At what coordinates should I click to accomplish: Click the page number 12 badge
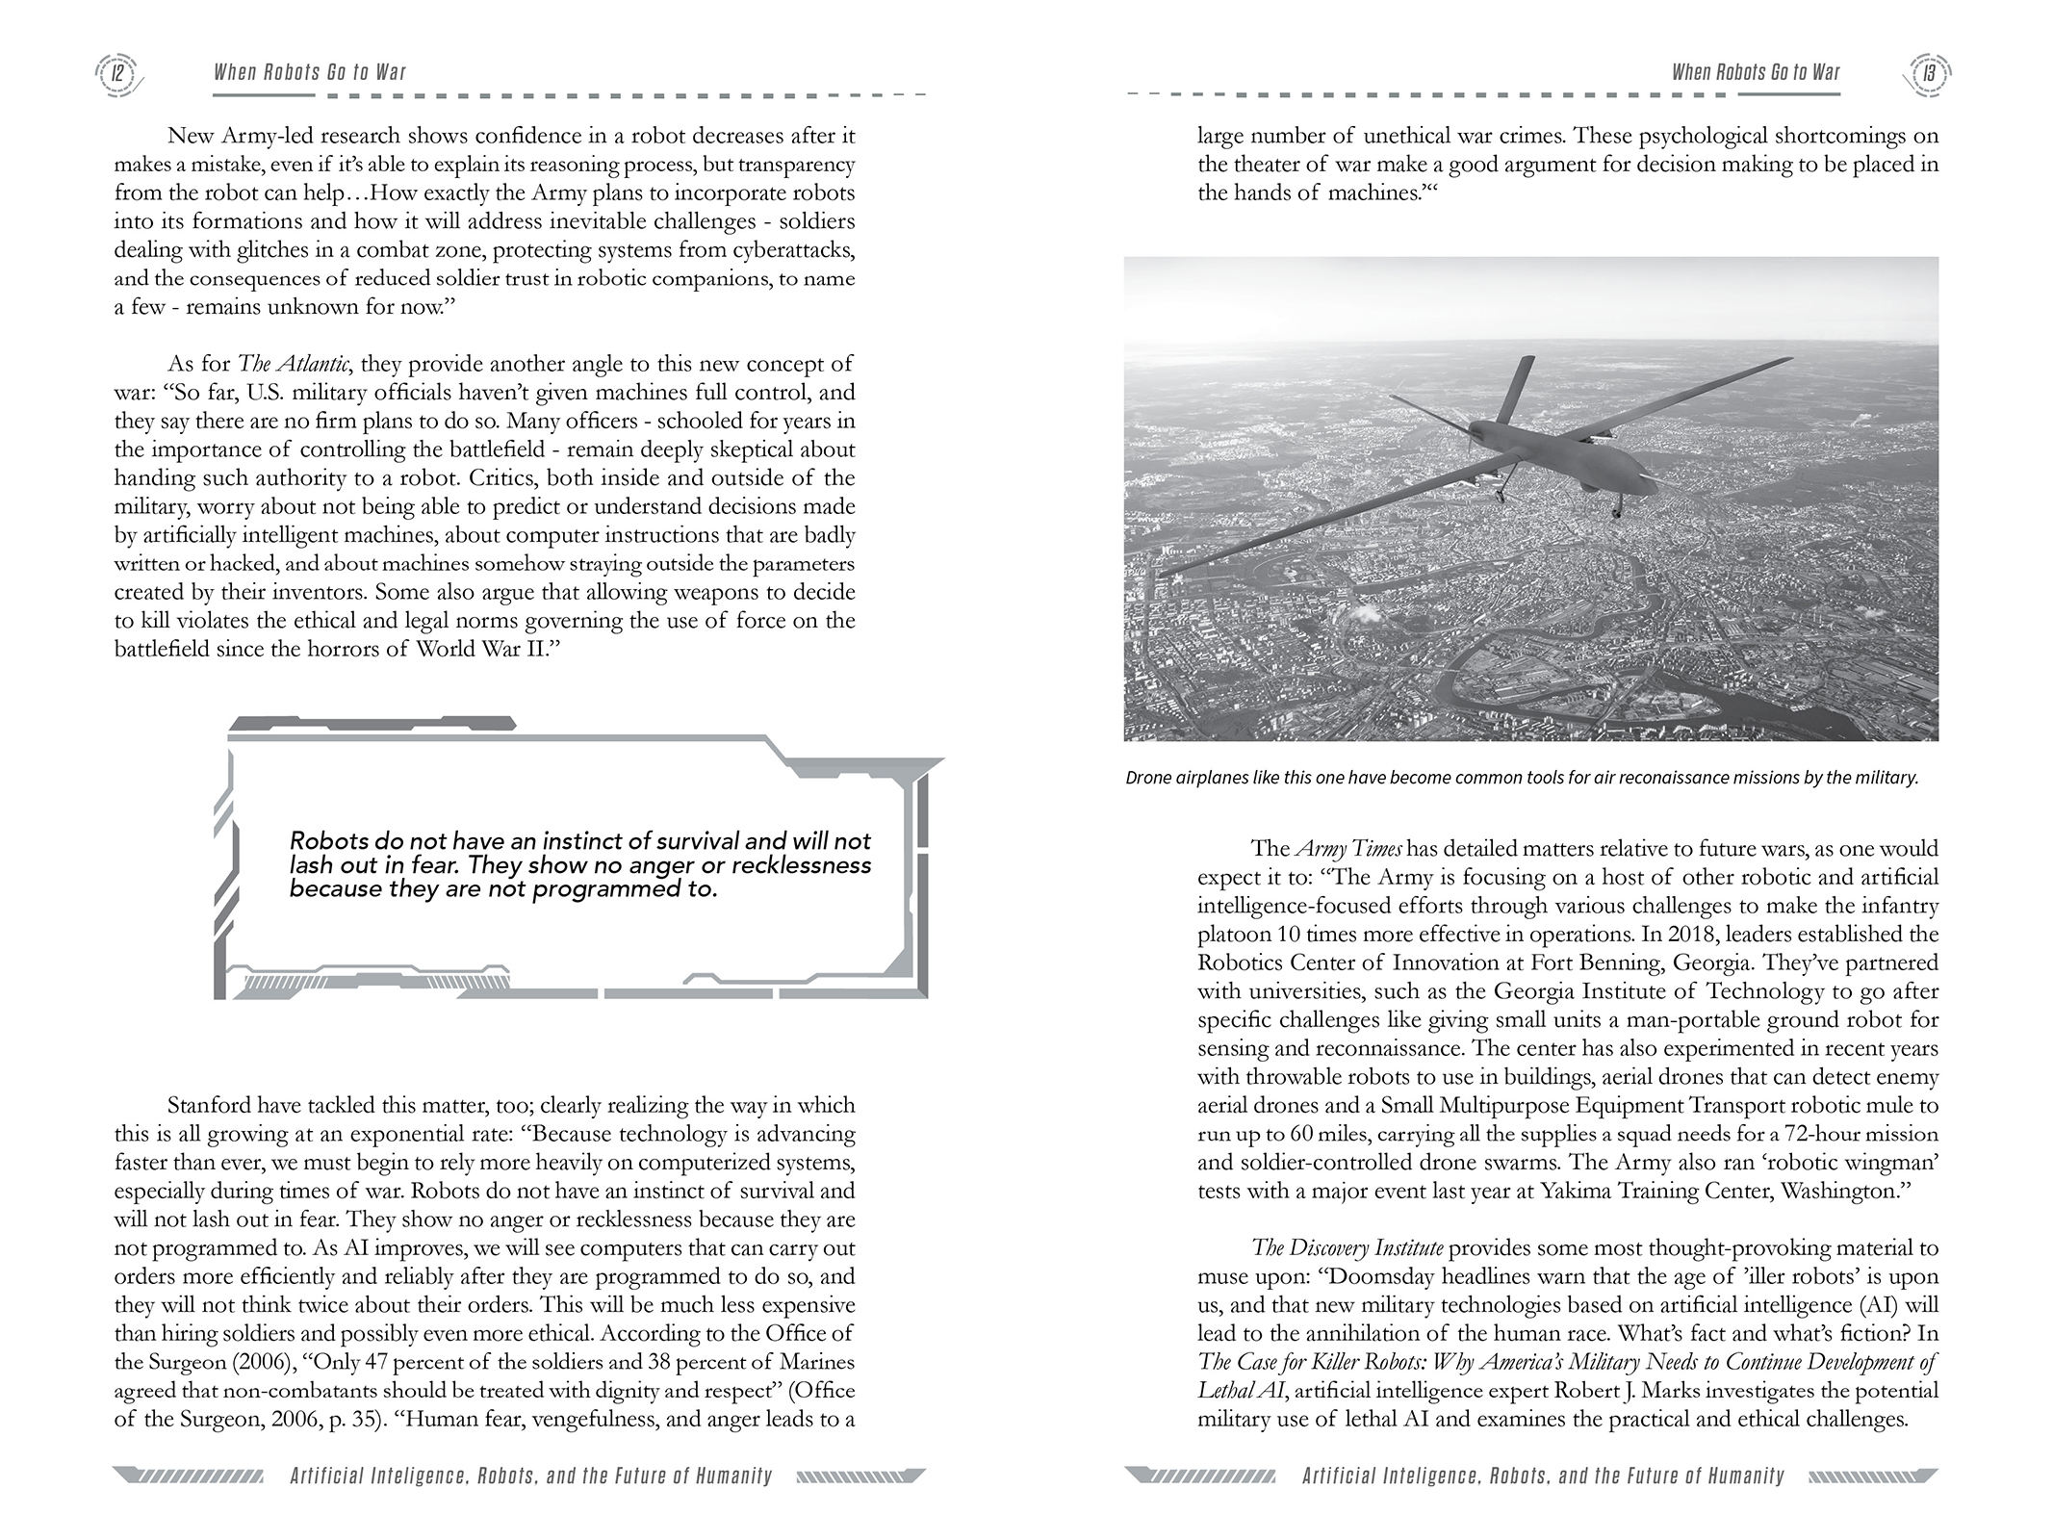point(117,73)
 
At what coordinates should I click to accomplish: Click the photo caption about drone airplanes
point(1521,778)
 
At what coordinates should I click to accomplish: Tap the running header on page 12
point(310,73)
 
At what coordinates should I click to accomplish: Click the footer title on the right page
point(1543,1476)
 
